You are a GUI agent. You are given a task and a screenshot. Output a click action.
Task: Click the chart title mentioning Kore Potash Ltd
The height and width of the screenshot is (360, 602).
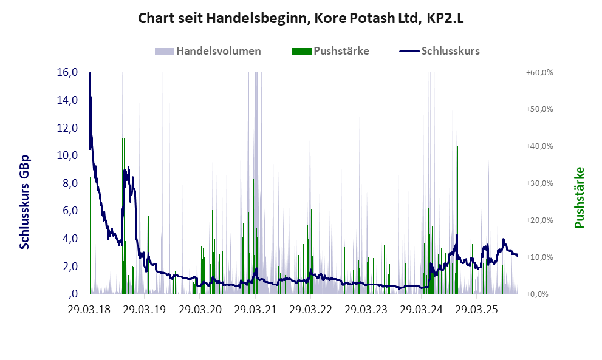(x=301, y=19)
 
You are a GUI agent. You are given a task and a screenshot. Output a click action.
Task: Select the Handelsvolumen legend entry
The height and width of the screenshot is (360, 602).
(x=219, y=51)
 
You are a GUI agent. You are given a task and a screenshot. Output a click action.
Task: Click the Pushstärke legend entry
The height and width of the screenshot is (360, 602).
(x=341, y=51)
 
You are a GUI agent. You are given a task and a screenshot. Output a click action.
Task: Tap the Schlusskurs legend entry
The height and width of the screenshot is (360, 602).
(x=450, y=51)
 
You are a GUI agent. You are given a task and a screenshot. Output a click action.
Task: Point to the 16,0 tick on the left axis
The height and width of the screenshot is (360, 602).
(x=67, y=72)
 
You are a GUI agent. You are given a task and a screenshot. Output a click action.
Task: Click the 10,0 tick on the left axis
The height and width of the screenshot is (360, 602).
(x=67, y=155)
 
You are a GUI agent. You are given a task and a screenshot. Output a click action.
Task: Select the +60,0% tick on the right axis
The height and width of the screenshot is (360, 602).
(x=539, y=72)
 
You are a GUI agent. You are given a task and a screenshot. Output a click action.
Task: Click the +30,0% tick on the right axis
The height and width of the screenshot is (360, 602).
(x=539, y=183)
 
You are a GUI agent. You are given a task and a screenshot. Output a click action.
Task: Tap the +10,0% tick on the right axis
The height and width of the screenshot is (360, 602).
(x=539, y=257)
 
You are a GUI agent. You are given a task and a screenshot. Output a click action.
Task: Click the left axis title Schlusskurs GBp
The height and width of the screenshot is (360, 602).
(x=25, y=202)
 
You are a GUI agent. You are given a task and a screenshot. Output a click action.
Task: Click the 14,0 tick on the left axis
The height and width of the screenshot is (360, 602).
(x=67, y=100)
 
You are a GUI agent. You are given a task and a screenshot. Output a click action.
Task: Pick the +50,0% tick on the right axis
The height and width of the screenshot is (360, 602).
(x=539, y=109)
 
